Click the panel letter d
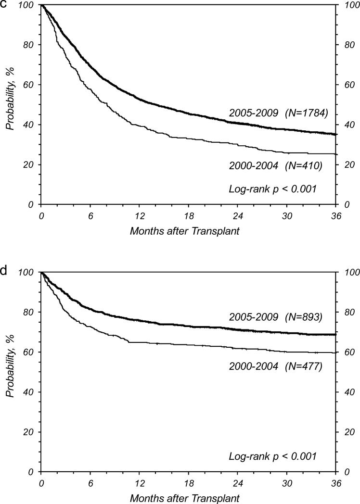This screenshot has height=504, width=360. point(3,270)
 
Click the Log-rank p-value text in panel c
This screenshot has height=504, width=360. point(272,189)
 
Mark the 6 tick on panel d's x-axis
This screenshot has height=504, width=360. point(90,482)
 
